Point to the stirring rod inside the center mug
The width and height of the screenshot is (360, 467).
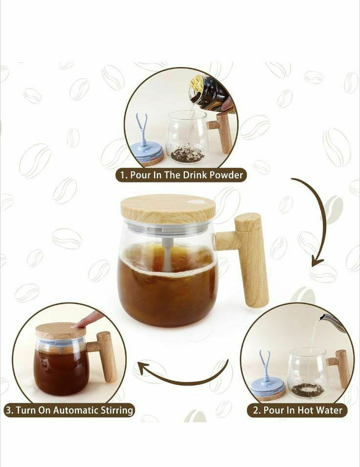[x=167, y=252]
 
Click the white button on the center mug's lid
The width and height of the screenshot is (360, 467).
[x=197, y=201]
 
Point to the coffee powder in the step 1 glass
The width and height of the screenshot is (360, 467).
[x=187, y=155]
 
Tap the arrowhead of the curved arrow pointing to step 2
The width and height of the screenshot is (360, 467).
[x=317, y=262]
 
